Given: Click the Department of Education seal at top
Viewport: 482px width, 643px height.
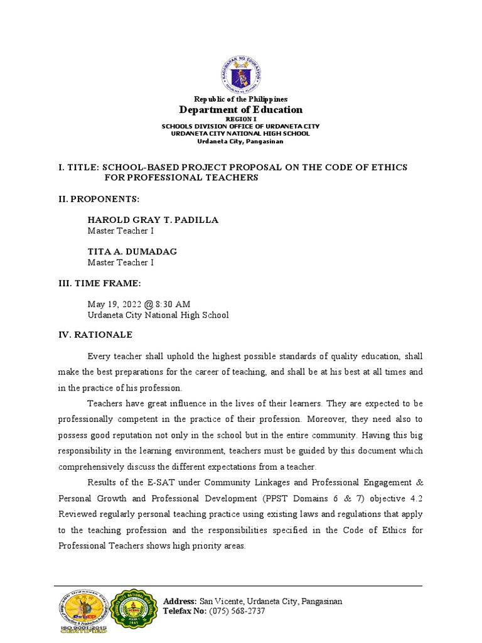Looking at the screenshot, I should click(x=241, y=75).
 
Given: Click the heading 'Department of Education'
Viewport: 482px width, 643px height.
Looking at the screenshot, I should click(x=241, y=110).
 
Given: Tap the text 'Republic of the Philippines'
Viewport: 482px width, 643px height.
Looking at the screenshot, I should click(x=241, y=99).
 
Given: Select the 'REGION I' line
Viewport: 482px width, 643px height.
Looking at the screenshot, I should click(x=241, y=119).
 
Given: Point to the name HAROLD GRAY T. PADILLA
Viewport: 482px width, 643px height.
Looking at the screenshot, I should click(x=153, y=220).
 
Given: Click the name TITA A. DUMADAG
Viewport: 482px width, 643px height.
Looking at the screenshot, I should click(x=132, y=251).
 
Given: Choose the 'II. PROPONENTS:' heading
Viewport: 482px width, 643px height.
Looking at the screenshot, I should click(x=99, y=199).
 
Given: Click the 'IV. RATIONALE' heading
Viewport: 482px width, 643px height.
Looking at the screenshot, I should click(x=95, y=335).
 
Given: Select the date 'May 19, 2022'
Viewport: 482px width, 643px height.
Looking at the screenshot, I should click(x=115, y=304).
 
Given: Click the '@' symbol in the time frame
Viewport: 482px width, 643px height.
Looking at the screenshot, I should click(x=148, y=304).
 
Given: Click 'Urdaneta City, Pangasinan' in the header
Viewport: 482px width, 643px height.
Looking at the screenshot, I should click(x=241, y=141).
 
